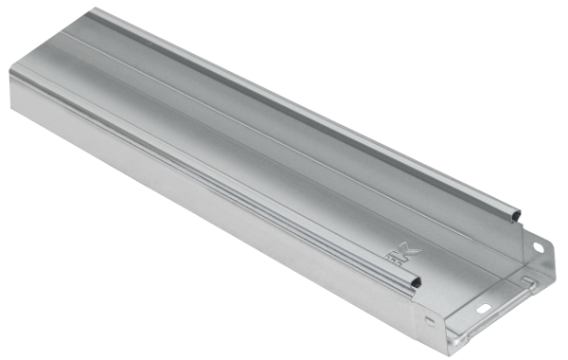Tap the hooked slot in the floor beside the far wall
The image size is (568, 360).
click(x=526, y=282)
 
